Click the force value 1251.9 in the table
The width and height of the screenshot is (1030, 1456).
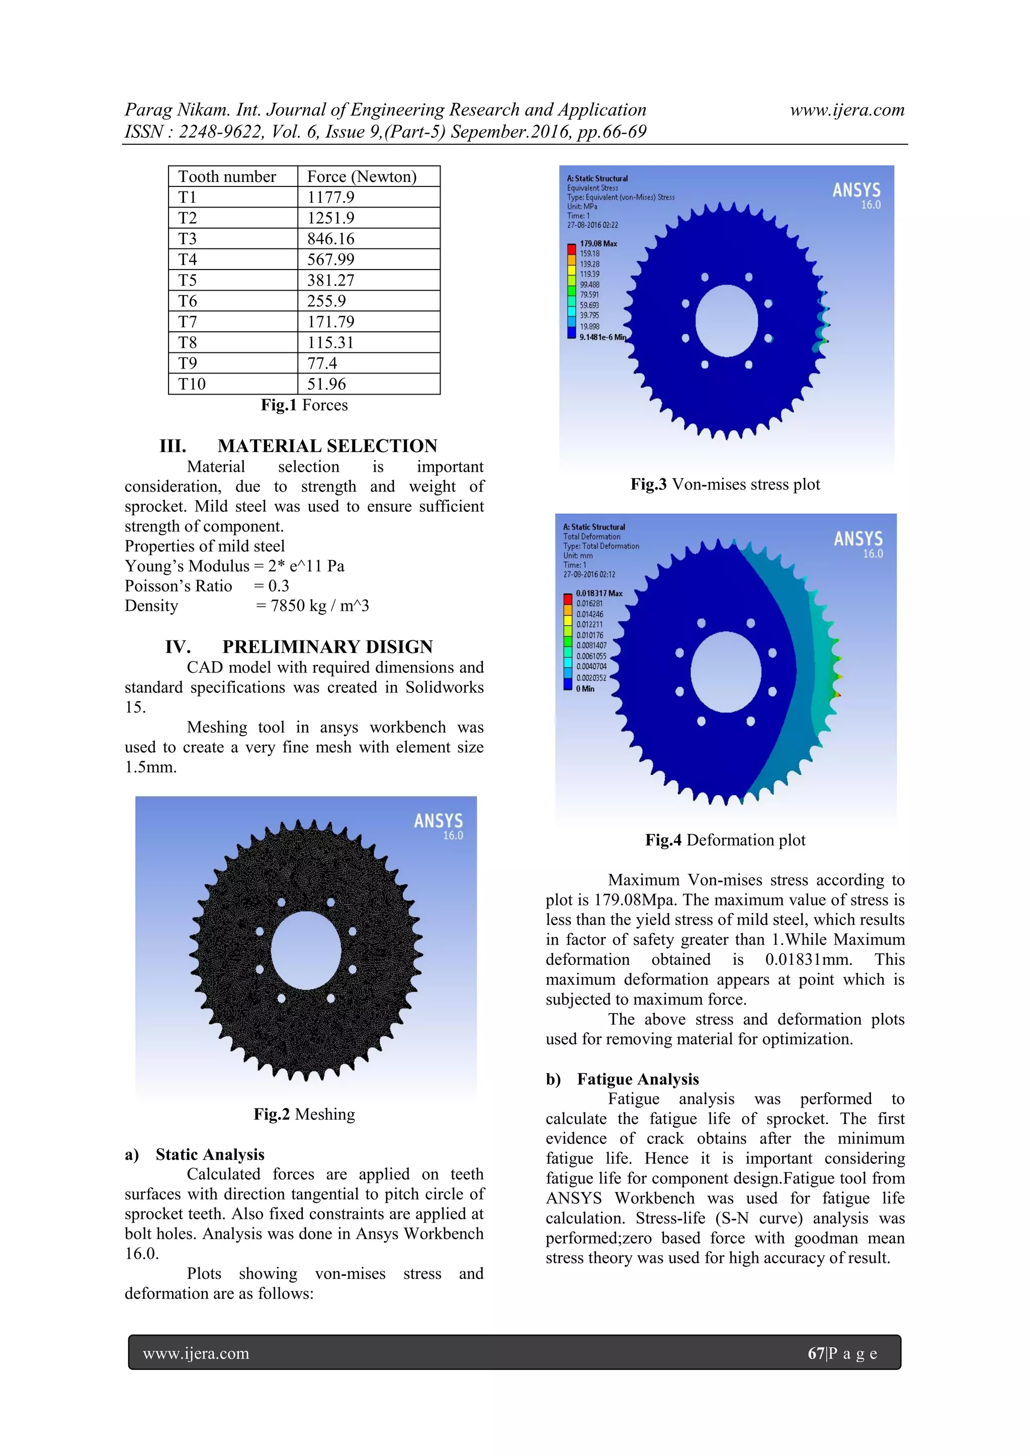(x=330, y=218)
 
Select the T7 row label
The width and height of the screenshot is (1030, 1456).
(x=188, y=321)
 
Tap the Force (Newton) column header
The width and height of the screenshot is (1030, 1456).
(x=362, y=176)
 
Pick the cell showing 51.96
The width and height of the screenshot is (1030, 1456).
(x=326, y=384)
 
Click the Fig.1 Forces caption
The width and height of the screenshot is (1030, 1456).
(x=304, y=405)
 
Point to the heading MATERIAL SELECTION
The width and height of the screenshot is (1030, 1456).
(x=327, y=446)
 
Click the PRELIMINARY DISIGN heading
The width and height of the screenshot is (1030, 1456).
(x=327, y=647)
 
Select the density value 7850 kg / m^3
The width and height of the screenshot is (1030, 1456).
(x=320, y=606)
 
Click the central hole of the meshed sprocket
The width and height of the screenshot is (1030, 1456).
(x=306, y=950)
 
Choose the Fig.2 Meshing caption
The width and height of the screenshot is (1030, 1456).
(x=304, y=1114)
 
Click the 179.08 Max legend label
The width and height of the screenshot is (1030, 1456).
(x=598, y=243)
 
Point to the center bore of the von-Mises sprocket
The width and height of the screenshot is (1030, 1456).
(x=726, y=320)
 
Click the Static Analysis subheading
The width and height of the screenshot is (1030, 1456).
(x=210, y=1154)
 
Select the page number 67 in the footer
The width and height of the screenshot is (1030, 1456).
(x=816, y=1353)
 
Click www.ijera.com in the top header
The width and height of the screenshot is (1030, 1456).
(x=847, y=110)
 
